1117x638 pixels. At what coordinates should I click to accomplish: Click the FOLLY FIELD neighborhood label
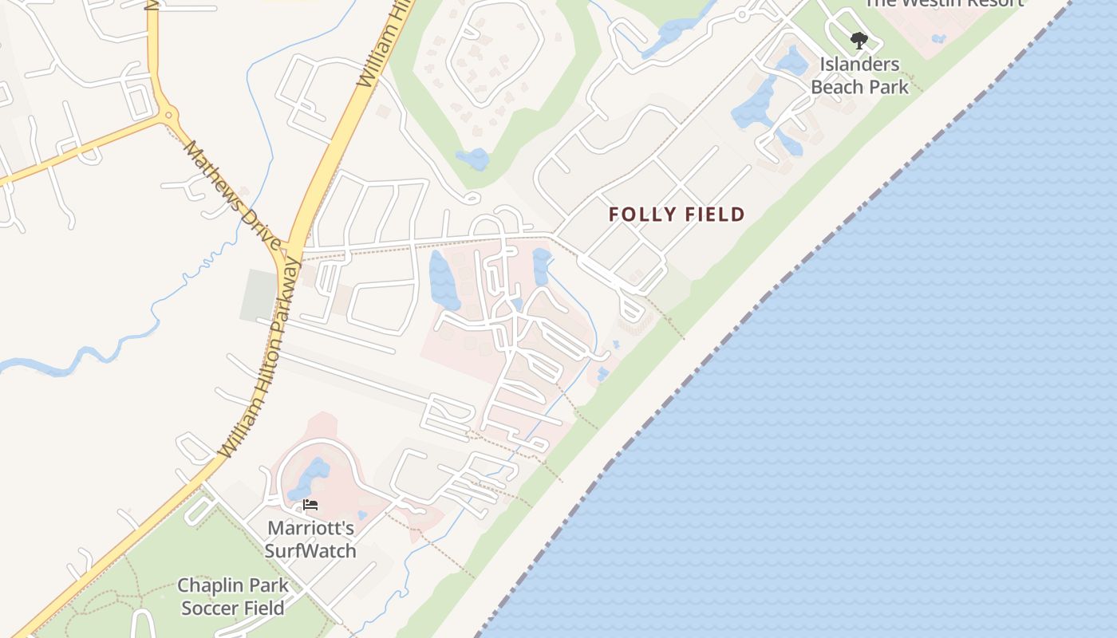point(677,215)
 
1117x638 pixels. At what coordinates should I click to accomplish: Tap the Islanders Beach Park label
point(859,76)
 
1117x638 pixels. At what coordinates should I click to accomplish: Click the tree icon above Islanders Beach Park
point(858,40)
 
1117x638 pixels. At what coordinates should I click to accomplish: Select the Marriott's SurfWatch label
point(310,539)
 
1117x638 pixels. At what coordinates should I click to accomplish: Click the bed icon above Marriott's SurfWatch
point(310,505)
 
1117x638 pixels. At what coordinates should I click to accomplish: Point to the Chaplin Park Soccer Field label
point(232,597)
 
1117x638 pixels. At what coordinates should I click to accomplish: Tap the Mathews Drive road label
point(231,195)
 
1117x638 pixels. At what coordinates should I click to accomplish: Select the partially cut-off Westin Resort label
point(943,3)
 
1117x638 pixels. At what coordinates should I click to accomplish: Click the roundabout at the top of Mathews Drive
point(168,116)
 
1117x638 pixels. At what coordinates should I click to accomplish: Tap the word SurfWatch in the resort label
point(310,551)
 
